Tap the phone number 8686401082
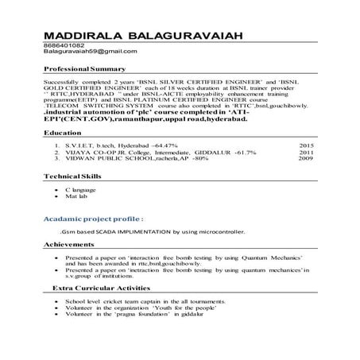(64, 45)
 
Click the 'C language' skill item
(84, 192)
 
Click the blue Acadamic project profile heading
(96, 217)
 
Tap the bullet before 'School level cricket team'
(55, 303)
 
